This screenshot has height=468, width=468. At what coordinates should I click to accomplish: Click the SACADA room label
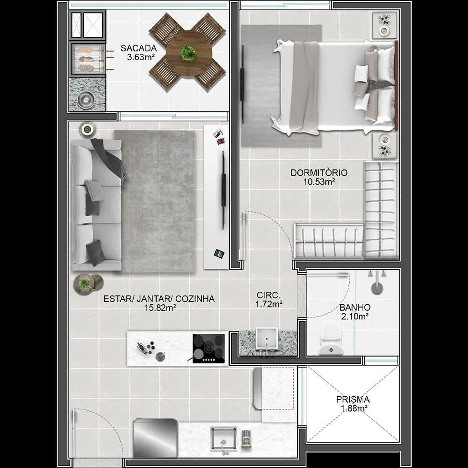click(139, 48)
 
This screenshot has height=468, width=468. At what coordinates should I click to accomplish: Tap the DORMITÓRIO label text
click(319, 172)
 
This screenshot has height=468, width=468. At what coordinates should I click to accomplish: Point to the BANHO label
click(354, 307)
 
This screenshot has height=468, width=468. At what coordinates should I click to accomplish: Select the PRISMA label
click(353, 399)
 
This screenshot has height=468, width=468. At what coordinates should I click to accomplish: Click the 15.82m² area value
click(160, 307)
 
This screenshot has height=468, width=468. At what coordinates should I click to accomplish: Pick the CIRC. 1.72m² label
click(269, 300)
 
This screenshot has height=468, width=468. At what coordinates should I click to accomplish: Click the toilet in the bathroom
click(330, 337)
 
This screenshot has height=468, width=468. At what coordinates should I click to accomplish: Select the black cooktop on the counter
click(208, 348)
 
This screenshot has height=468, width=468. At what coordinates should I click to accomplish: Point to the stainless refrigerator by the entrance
click(155, 438)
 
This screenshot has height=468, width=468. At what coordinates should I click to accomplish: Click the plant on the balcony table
click(188, 52)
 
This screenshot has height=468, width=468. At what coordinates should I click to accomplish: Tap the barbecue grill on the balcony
click(88, 59)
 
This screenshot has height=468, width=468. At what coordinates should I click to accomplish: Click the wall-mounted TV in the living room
click(223, 190)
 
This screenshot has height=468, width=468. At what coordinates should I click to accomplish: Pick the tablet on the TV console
click(219, 253)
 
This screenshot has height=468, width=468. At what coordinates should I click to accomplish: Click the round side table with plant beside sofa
click(84, 283)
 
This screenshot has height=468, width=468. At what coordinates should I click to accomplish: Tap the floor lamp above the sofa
click(88, 130)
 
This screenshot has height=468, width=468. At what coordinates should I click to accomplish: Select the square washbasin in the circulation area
click(267, 338)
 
